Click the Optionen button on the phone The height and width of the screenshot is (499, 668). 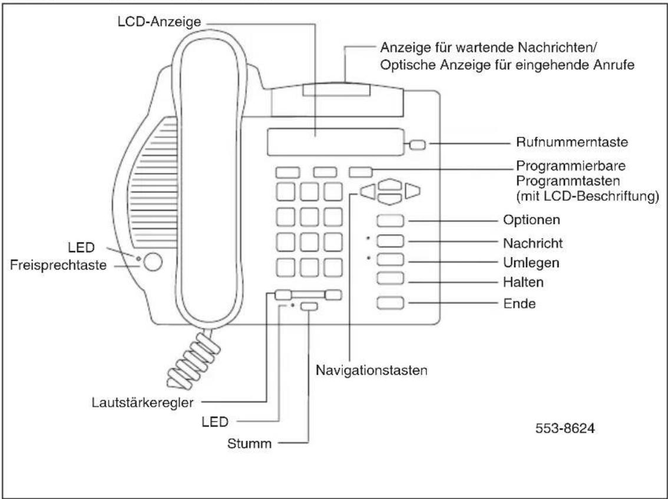click(390, 221)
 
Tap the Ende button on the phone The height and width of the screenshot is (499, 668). click(390, 303)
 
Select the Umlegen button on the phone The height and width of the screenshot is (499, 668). click(390, 260)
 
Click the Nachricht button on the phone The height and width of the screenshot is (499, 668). click(390, 241)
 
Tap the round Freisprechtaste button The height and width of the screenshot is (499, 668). click(153, 262)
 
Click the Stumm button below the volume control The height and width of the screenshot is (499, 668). click(309, 307)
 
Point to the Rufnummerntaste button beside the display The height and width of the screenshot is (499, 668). click(418, 145)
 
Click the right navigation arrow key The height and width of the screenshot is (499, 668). click(412, 191)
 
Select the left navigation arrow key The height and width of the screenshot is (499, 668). click(368, 191)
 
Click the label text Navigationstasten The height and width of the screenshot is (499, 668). click(372, 370)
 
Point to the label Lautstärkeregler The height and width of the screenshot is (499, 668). click(143, 402)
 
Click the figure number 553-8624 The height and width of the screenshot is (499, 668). click(565, 428)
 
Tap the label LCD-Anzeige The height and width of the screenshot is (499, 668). click(159, 22)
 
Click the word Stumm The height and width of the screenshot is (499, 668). click(249, 443)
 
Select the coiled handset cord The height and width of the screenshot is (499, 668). click(194, 360)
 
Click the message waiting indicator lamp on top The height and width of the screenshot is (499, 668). click(336, 90)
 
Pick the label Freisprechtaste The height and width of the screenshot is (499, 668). click(58, 265)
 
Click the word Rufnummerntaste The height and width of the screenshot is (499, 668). click(572, 142)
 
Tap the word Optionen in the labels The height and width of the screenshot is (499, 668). click(532, 220)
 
